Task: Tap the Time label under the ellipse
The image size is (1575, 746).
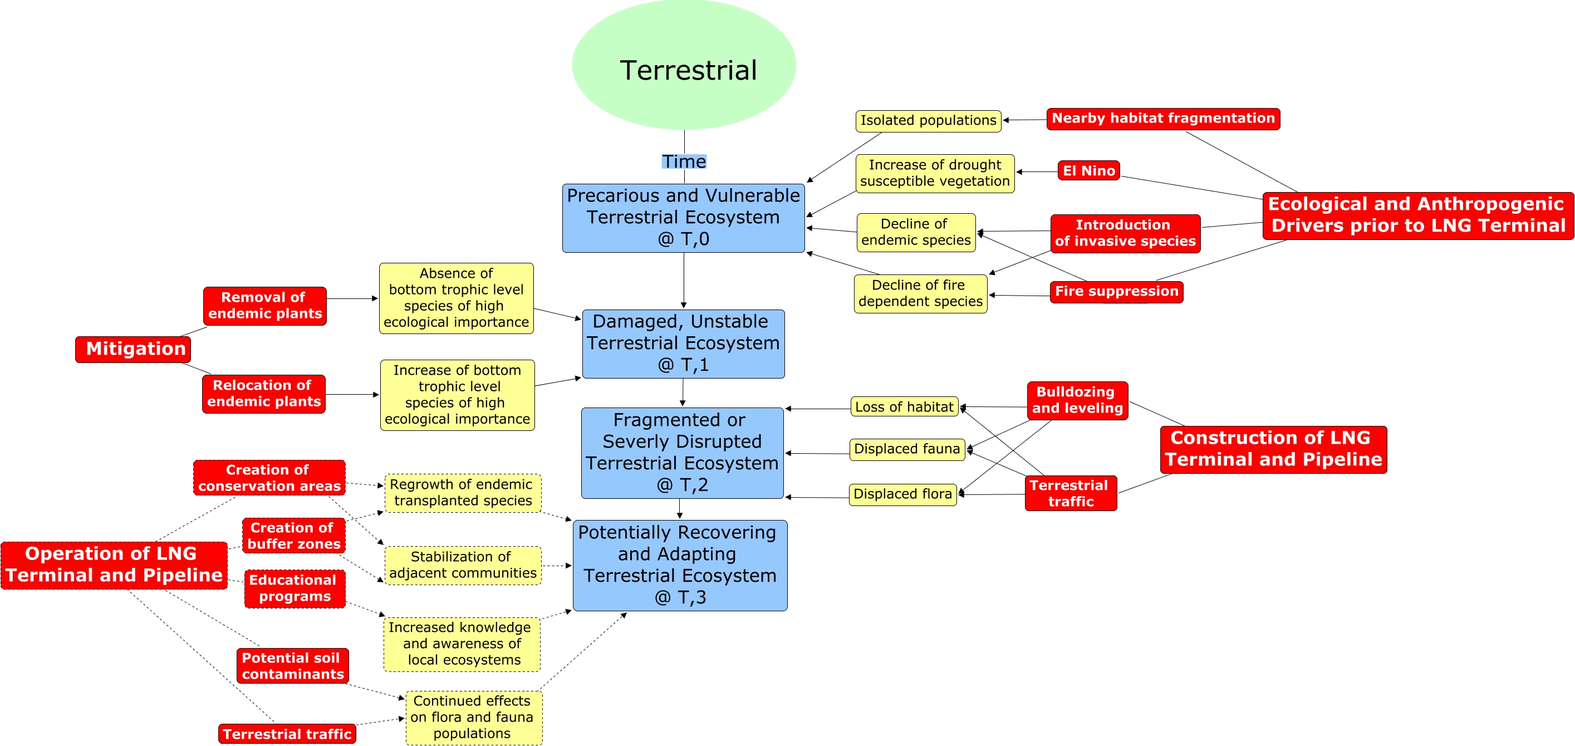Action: click(684, 161)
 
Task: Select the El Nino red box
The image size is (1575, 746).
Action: click(1088, 170)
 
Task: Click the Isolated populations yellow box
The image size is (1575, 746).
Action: click(928, 120)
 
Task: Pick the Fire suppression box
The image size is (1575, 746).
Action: click(1116, 292)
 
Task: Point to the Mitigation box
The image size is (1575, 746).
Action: click(133, 349)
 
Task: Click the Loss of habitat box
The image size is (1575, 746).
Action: click(904, 406)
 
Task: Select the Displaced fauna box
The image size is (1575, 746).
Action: click(907, 449)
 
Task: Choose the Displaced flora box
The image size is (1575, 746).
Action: click(902, 494)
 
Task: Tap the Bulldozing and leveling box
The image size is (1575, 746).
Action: click(1077, 400)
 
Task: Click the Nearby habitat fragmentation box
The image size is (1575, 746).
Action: click(1162, 119)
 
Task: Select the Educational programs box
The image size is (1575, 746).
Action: click(295, 588)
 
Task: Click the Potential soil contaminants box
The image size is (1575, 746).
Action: click(292, 666)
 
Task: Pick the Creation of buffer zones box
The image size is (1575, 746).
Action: click(293, 536)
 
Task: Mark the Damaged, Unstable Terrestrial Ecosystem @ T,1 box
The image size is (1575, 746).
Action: click(683, 343)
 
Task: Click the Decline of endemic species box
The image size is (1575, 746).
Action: click(915, 232)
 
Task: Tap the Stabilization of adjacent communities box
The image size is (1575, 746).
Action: click(462, 565)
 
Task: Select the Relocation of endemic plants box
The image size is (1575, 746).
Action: click(263, 394)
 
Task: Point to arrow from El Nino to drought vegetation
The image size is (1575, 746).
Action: click(1037, 172)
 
